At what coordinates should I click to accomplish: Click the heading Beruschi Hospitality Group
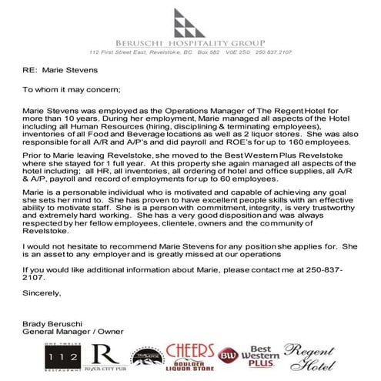pyautogui.click(x=190, y=44)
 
